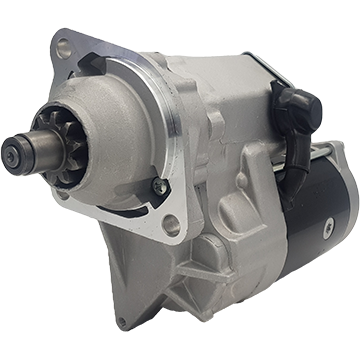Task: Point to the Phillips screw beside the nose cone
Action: (x=158, y=185)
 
